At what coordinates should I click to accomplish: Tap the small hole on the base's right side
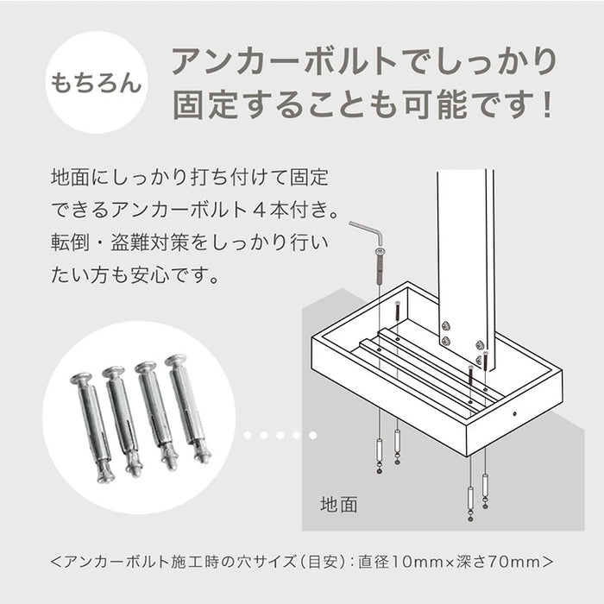pyautogui.click(x=515, y=413)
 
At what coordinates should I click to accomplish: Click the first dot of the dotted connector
pyautogui.click(x=247, y=436)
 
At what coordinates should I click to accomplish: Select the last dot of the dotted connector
pyautogui.click(x=312, y=436)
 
